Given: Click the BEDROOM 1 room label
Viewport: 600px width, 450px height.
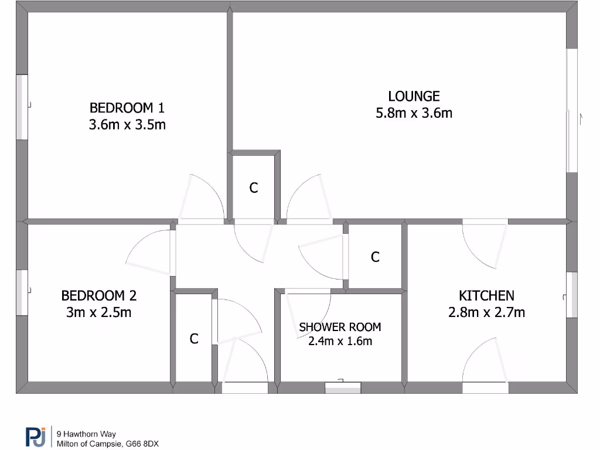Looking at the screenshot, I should coord(127,108).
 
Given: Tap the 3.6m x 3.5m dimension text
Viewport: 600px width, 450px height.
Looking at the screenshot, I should coord(127,124).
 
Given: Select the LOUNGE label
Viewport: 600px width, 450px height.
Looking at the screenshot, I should coord(414,96).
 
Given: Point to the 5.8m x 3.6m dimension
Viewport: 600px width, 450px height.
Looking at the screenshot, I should coord(414,113).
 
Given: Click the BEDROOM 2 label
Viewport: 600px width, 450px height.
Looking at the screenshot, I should coord(99,295).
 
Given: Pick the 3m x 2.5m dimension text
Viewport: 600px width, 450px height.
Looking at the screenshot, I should coord(99,312).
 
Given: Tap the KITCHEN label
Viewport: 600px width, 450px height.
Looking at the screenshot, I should coord(486,295).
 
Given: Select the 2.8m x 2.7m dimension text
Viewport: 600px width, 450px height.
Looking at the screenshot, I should coord(486,312).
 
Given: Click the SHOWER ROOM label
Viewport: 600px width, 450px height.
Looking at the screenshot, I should coord(340,327).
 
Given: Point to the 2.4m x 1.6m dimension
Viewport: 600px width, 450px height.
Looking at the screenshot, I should coord(340,341).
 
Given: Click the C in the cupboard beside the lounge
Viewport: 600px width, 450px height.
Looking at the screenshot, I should coord(254,188).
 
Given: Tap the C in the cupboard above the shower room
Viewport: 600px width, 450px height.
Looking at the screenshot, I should coord(375,257).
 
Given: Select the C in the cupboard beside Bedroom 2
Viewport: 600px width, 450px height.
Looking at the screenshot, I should coord(194,339).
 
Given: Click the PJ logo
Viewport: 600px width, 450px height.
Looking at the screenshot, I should coord(36,437).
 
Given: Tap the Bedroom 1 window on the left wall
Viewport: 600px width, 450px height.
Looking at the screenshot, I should coord(22,107).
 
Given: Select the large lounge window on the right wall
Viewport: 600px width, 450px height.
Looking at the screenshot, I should coord(572,110).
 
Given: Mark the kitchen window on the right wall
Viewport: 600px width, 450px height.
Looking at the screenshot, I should coord(571,295).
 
